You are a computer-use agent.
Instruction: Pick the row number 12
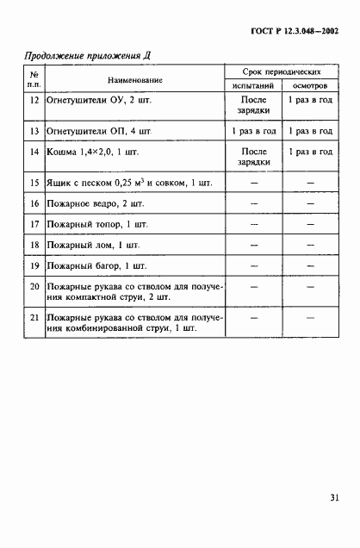[x=34, y=100]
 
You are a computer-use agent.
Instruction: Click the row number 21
[x=34, y=318]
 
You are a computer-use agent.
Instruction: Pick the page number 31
[x=332, y=495]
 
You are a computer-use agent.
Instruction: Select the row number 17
[x=34, y=225]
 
